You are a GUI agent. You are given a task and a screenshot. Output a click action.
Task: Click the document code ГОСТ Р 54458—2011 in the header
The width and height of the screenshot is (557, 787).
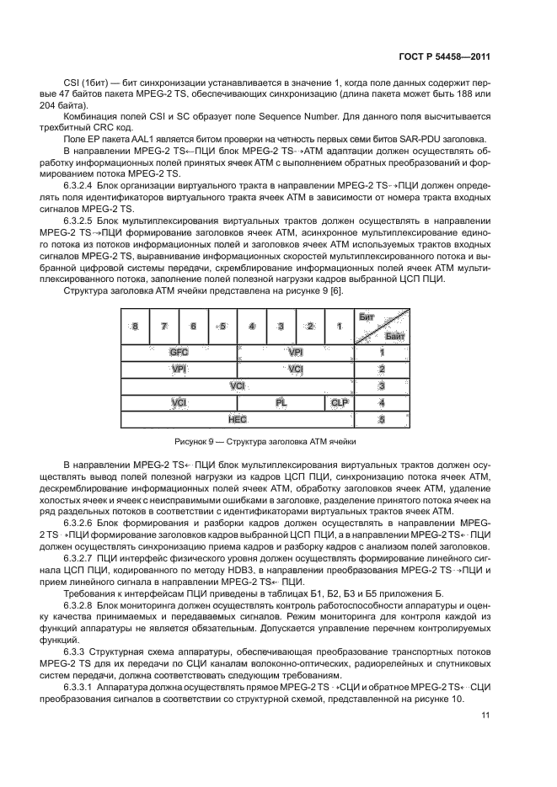pyautogui.click(x=444, y=57)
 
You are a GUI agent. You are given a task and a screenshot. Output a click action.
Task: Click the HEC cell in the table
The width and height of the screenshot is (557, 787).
pyautogui.click(x=238, y=418)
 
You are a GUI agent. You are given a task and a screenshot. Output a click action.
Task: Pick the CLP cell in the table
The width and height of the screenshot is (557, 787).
pyautogui.click(x=339, y=402)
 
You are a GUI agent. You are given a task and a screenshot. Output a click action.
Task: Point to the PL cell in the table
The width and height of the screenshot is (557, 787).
pyautogui.click(x=281, y=402)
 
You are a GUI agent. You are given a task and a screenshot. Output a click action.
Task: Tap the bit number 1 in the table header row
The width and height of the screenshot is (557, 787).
pyautogui.click(x=340, y=327)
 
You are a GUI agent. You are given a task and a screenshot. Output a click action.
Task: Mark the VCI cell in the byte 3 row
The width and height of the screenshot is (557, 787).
pyautogui.click(x=238, y=386)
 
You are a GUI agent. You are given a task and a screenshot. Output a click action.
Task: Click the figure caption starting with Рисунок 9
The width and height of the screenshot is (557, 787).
pyautogui.click(x=265, y=441)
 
